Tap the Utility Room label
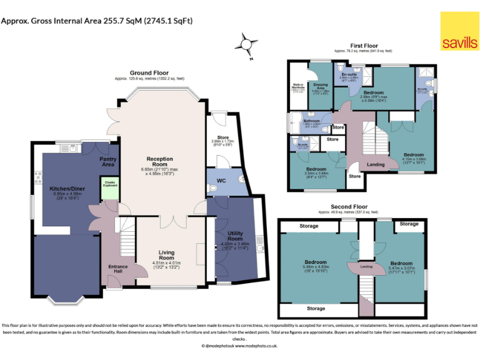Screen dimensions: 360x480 234,236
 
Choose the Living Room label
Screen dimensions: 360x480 166,254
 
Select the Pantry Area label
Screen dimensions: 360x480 109,162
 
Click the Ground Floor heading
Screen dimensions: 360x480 149,72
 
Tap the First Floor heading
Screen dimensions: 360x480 363,46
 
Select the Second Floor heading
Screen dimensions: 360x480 349,207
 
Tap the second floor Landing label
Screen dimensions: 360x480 366,267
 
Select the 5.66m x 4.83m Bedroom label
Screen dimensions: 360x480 316,263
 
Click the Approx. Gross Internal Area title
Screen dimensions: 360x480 97,21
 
